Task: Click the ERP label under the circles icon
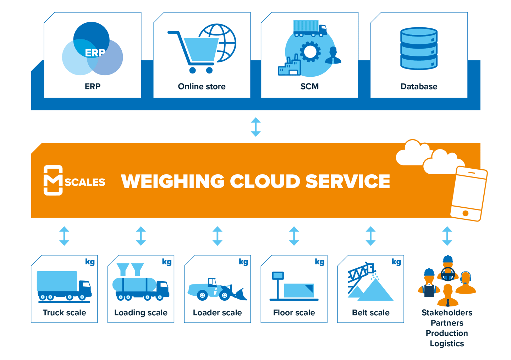tap(93, 86)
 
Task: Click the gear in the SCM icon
tap(310, 52)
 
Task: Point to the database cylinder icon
tap(419, 49)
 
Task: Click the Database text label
tap(419, 86)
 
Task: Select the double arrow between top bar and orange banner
tap(255, 127)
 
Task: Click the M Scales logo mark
tap(53, 180)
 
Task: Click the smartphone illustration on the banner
tap(469, 193)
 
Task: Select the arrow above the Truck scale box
tap(64, 236)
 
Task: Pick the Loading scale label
tap(141, 313)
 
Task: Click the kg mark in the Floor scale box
tap(319, 262)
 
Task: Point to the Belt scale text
tap(370, 313)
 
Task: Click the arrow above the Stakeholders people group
tap(447, 236)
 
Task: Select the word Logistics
tap(447, 344)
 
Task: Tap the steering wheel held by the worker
tap(448, 274)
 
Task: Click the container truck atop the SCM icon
tap(310, 28)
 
